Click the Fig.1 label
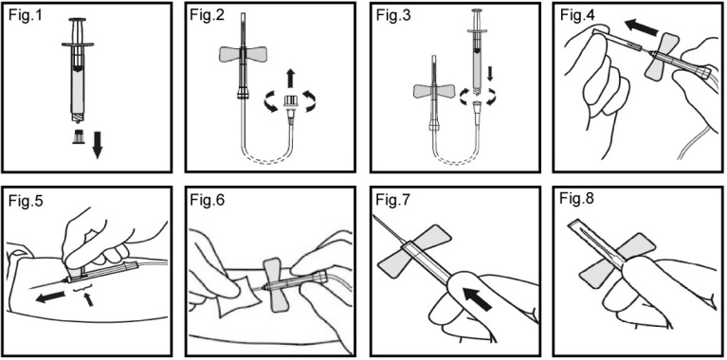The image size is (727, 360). (23, 16)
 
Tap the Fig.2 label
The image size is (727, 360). (206, 16)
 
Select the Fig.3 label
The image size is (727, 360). (391, 16)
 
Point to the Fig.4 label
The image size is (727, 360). (575, 16)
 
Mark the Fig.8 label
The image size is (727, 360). (575, 200)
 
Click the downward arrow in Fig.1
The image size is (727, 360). (97, 144)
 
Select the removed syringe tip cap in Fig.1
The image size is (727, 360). (79, 136)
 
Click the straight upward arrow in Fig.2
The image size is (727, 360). (291, 78)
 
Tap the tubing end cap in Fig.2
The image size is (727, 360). (291, 103)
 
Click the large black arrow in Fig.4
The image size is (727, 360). (641, 27)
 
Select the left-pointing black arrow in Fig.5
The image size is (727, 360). (50, 297)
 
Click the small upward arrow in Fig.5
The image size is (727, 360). (89, 300)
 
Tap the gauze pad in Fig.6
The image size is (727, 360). (237, 296)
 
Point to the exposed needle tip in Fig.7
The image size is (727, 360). (374, 216)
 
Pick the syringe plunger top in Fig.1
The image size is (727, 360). (77, 20)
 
